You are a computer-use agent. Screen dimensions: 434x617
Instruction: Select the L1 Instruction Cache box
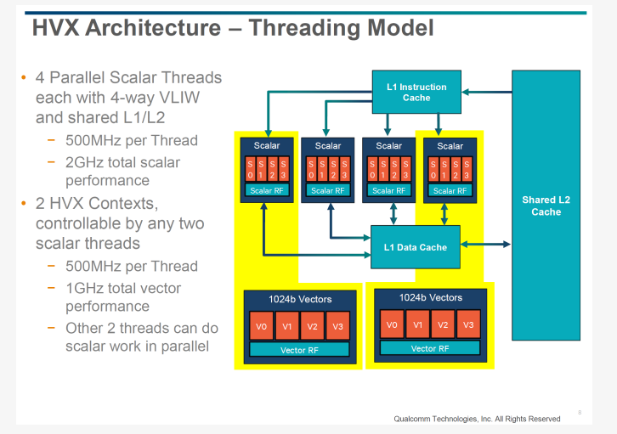[416, 92]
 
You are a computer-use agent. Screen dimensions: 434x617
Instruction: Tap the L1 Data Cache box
[415, 247]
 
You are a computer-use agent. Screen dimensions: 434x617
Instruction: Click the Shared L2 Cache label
[546, 206]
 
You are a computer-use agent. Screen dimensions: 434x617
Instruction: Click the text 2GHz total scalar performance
[123, 171]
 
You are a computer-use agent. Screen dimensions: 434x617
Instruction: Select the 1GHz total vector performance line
[123, 296]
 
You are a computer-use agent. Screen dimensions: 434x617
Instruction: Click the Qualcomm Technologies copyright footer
[477, 419]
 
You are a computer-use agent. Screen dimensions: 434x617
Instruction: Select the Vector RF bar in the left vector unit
[298, 350]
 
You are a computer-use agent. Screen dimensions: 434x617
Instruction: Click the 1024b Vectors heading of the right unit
[430, 297]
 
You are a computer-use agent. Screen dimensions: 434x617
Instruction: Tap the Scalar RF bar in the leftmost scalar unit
[266, 190]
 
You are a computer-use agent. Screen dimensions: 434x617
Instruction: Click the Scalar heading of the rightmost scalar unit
[450, 146]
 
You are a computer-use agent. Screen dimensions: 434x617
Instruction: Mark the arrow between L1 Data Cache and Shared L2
[485, 245]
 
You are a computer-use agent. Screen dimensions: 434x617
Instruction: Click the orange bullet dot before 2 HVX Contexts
[23, 204]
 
